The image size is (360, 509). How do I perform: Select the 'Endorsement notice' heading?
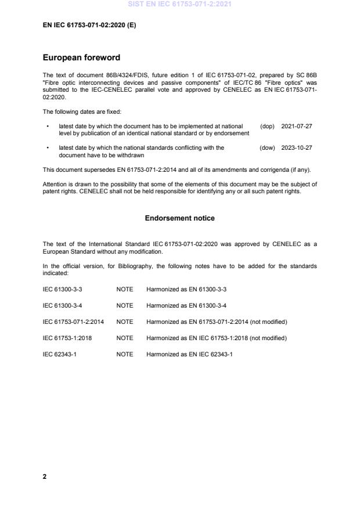pyautogui.click(x=179, y=218)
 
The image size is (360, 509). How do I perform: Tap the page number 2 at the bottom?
pyautogui.click(x=45, y=476)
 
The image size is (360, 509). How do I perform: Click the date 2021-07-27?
pyautogui.click(x=296, y=126)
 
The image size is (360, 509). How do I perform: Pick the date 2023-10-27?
pyautogui.click(x=296, y=148)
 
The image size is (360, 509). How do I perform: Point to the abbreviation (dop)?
pyautogui.click(x=267, y=126)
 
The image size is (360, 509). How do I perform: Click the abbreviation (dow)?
pyautogui.click(x=267, y=148)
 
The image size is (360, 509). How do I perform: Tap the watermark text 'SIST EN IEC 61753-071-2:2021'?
pyautogui.click(x=179, y=5)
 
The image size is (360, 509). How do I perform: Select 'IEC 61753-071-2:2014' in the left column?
pyautogui.click(x=73, y=322)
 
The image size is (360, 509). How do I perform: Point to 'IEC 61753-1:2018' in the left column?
pyautogui.click(x=67, y=338)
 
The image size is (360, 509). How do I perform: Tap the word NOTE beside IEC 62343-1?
pyautogui.click(x=124, y=354)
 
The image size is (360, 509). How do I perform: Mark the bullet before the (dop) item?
pyautogui.click(x=47, y=126)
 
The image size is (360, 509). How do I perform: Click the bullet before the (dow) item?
pyautogui.click(x=47, y=148)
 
